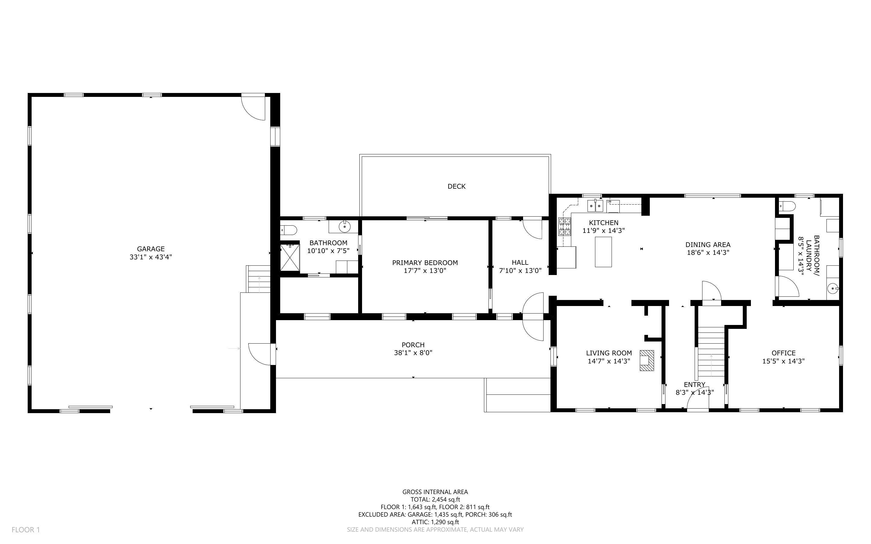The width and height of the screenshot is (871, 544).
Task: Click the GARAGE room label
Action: [x=151, y=249]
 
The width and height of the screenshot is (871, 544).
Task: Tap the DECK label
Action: [x=457, y=186]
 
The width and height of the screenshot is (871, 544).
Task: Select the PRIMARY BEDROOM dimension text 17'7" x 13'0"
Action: [x=425, y=270]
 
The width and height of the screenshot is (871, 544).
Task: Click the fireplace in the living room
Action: [x=646, y=360]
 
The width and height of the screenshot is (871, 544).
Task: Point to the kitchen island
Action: [x=603, y=252]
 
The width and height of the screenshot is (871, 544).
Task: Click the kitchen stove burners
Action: [x=565, y=227]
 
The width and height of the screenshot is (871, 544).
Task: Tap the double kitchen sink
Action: [x=595, y=206]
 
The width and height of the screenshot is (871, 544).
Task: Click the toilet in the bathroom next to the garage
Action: [x=289, y=229]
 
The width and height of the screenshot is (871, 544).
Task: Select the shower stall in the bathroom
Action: [x=290, y=257]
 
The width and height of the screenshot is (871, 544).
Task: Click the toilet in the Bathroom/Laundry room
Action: [x=787, y=206]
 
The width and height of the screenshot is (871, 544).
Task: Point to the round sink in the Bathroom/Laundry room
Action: [x=833, y=289]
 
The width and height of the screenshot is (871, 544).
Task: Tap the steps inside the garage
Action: [x=258, y=279]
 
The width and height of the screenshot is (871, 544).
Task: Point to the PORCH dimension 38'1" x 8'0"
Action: [x=413, y=353]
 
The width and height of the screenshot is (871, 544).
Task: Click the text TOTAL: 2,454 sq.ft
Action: [x=435, y=499]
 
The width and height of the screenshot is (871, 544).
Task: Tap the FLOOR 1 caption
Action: [x=26, y=530]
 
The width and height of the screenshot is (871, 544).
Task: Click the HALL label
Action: [x=520, y=263]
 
